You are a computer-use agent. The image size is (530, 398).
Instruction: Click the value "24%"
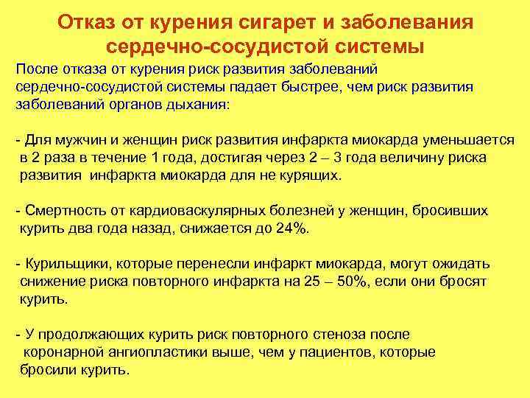pos(292,228)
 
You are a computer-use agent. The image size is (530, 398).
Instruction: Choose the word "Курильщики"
pos(65,264)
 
